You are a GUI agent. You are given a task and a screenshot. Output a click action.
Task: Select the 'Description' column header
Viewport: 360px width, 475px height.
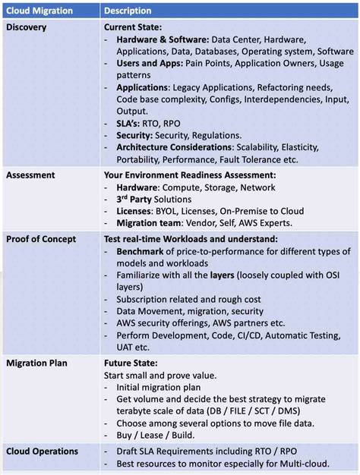tap(128, 11)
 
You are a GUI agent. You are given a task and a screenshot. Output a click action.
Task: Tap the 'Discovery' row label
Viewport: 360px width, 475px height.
tap(27, 27)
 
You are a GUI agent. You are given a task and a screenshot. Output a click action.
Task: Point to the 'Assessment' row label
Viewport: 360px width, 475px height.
tap(30, 175)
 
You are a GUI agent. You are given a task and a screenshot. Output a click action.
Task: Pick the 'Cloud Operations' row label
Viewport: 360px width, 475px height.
tap(42, 451)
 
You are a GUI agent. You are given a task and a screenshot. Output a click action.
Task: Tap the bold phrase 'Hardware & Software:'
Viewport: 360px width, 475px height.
tap(163, 39)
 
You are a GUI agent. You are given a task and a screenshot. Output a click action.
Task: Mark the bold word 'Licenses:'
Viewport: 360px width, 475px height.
tap(140, 212)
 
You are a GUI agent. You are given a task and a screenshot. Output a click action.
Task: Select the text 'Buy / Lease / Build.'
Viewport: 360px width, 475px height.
tap(156, 435)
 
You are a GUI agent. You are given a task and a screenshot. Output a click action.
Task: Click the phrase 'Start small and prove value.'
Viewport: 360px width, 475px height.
tap(160, 376)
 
